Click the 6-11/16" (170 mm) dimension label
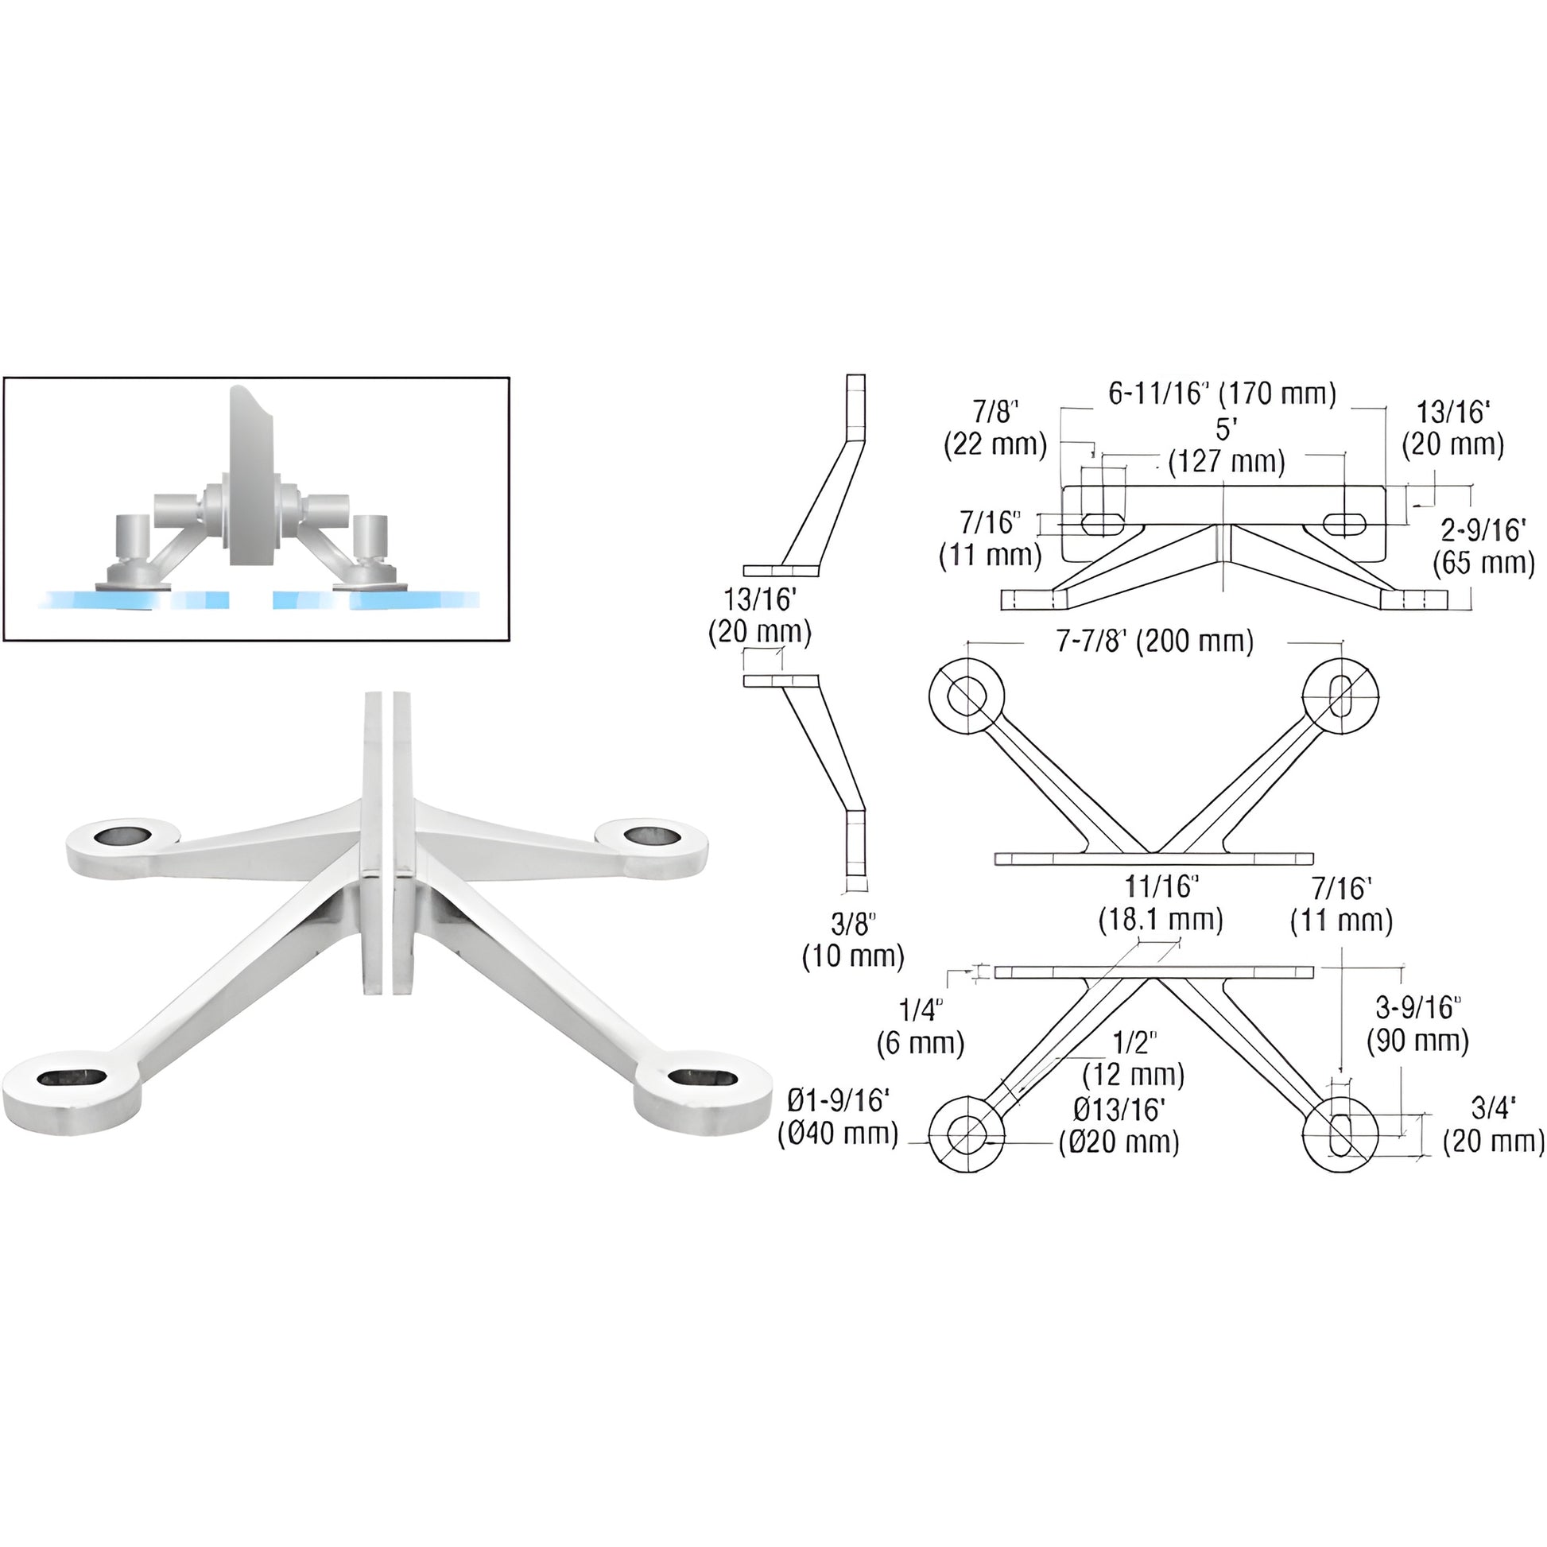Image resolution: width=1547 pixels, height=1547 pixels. point(1222,394)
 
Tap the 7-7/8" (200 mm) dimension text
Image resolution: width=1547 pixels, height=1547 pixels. point(1153,642)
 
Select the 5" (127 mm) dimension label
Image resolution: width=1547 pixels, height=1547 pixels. point(1226,446)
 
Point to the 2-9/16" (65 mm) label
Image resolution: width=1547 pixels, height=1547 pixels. point(1483,546)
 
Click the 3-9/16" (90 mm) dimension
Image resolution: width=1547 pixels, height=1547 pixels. point(1417,1024)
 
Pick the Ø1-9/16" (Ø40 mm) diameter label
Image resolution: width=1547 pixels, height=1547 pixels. point(839,1117)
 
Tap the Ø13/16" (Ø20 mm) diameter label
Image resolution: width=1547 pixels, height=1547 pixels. point(1119,1125)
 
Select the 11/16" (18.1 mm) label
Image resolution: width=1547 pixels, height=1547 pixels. point(1161,902)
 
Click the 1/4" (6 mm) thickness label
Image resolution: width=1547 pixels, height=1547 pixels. point(920,1026)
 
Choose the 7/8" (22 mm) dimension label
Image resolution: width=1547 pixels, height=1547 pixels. point(995,428)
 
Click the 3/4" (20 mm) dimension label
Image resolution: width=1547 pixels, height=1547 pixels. point(1494,1125)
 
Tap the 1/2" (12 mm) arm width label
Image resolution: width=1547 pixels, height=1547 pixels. point(1133,1058)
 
